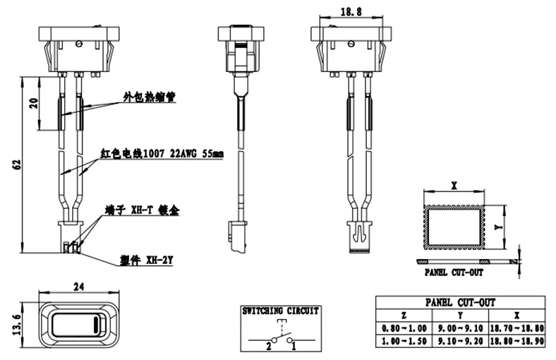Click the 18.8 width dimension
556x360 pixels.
click(x=351, y=11)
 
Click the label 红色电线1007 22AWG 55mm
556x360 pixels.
click(x=162, y=153)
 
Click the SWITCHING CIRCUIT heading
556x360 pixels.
click(x=281, y=311)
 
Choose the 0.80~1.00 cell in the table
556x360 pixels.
click(x=404, y=329)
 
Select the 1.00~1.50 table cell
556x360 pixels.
click(x=404, y=341)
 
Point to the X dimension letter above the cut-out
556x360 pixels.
click(x=454, y=186)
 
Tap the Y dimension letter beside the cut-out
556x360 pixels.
click(x=498, y=227)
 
